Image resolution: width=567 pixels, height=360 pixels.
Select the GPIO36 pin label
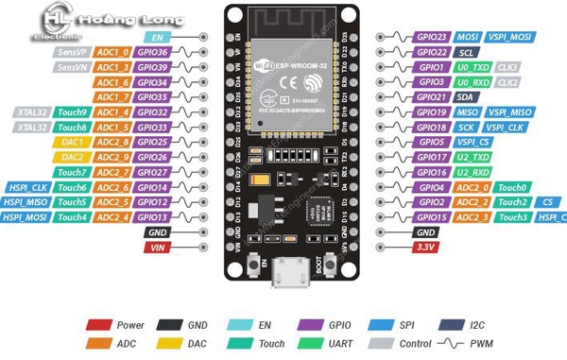tap(151, 52)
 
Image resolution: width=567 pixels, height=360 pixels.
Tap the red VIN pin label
tap(157, 247)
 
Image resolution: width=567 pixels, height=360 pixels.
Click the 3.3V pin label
tap(424, 247)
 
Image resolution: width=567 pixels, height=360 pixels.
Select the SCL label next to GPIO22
tap(466, 52)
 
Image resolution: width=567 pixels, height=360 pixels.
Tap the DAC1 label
tap(74, 142)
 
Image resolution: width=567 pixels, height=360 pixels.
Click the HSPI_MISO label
tap(25, 202)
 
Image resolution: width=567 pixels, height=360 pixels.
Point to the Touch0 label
tap(510, 187)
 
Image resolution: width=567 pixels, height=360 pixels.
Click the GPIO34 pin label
tap(151, 82)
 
